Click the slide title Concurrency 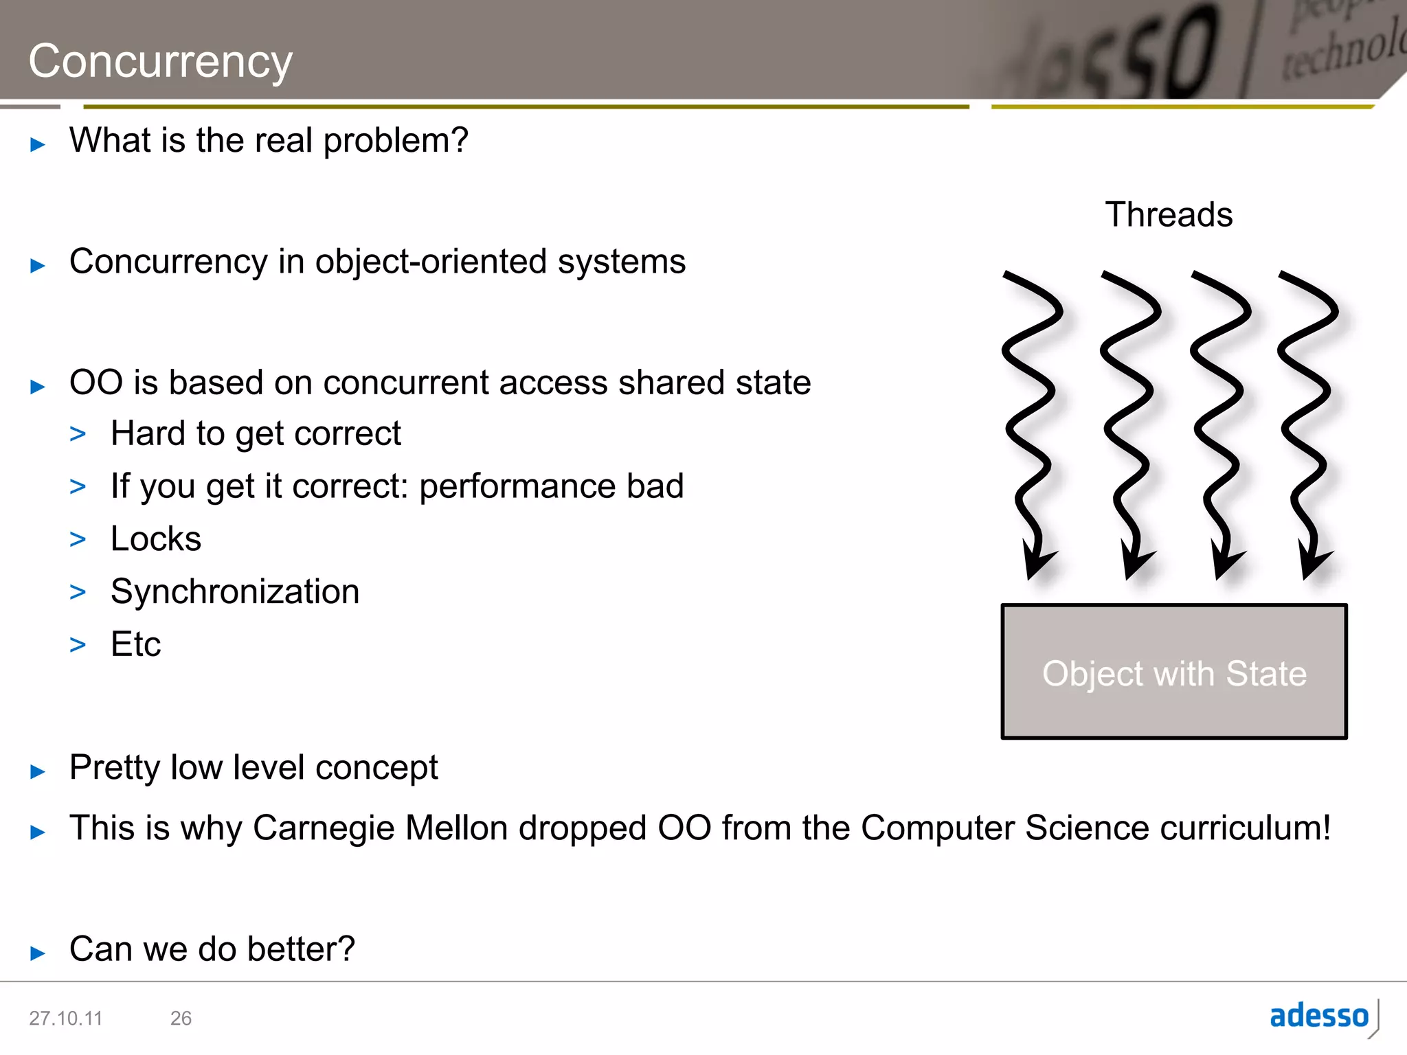(160, 62)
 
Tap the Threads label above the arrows (1169, 214)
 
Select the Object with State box (1174, 672)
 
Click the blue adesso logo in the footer (1319, 1016)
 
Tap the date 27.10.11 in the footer (65, 1018)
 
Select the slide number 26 (181, 1018)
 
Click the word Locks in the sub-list (156, 539)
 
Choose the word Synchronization (235, 592)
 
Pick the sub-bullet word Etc (135, 645)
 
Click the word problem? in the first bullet (396, 141)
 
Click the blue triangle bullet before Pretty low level (38, 771)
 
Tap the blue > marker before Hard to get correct (78, 434)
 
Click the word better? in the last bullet (301, 949)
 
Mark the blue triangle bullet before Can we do (38, 953)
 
